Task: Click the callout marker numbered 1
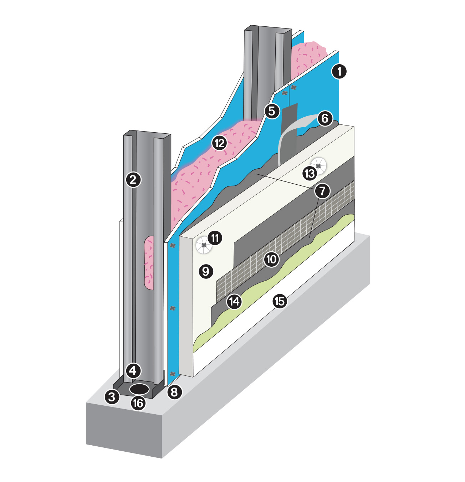pos(339,71)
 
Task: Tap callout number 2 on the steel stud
pos(133,180)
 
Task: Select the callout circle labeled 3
pos(112,396)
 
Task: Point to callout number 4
pos(133,371)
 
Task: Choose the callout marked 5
pos(272,111)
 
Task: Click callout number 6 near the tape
pos(325,118)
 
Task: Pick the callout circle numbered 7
pos(322,191)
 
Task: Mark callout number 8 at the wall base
pos(174,392)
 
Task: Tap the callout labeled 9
pos(206,272)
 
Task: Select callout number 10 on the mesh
pos(271,259)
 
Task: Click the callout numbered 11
pos(215,238)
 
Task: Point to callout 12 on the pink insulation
pos(219,143)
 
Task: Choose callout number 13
pos(310,174)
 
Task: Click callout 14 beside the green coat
pos(234,302)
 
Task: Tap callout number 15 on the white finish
pos(280,301)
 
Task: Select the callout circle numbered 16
pos(138,404)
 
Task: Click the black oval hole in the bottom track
pos(139,389)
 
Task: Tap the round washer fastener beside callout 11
pos(204,245)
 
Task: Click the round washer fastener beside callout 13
pos(318,165)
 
